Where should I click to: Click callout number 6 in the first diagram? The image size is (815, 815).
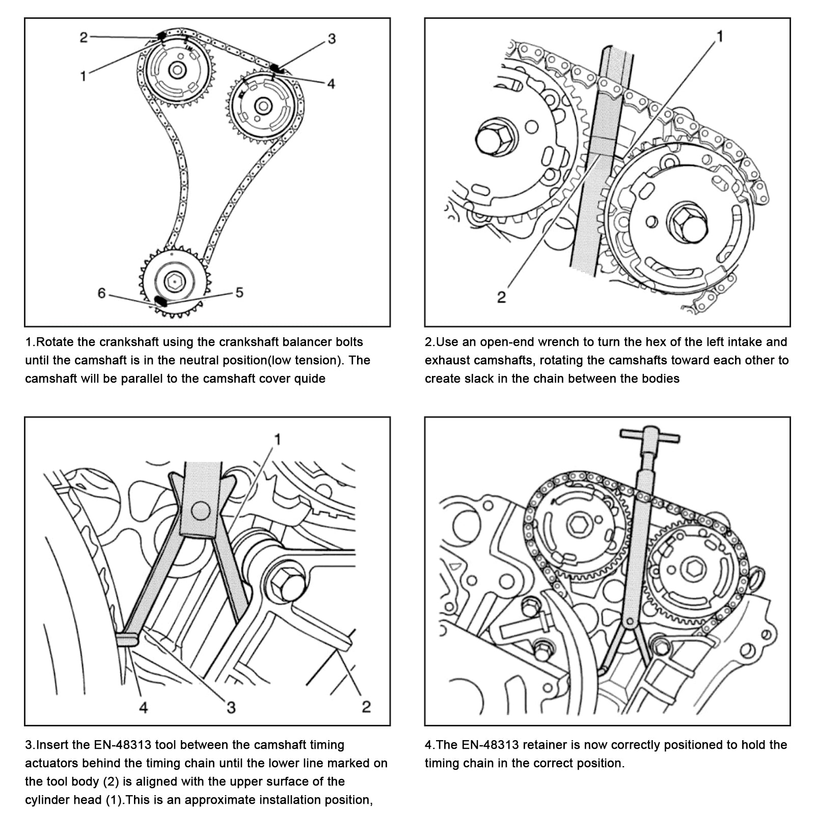pyautogui.click(x=101, y=293)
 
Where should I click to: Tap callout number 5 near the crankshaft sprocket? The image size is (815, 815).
pyautogui.click(x=239, y=292)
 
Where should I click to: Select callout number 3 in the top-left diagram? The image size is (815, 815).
pyautogui.click(x=332, y=39)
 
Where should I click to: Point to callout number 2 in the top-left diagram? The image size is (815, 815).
pyautogui.click(x=84, y=37)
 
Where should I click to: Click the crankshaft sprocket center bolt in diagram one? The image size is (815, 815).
pyautogui.click(x=175, y=280)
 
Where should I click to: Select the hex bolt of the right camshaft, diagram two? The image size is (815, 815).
pyautogui.click(x=688, y=223)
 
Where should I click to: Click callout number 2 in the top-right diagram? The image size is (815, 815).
pyautogui.click(x=502, y=297)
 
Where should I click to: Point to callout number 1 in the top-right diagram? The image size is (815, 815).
pyautogui.click(x=720, y=36)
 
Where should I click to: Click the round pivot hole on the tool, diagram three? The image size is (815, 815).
pyautogui.click(x=201, y=510)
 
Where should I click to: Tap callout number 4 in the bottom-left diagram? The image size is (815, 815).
pyautogui.click(x=144, y=707)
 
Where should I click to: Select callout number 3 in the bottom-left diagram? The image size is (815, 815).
pyautogui.click(x=231, y=707)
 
